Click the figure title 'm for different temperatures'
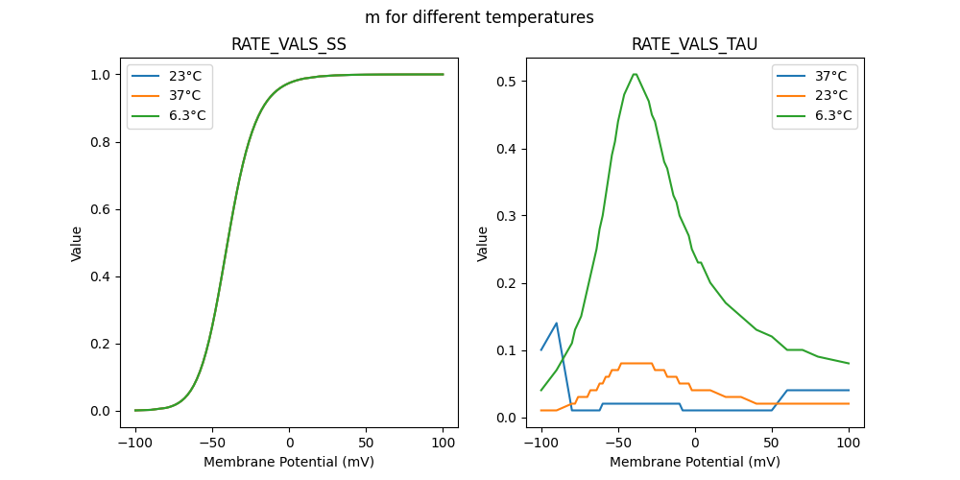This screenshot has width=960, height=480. click(x=479, y=17)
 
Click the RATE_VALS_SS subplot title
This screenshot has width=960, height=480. click(x=289, y=44)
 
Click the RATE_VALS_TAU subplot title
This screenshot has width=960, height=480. click(x=694, y=44)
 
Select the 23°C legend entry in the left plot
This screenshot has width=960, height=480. click(x=185, y=76)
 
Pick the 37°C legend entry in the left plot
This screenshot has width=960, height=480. click(x=185, y=96)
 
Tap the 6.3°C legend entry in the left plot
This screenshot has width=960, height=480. click(x=187, y=116)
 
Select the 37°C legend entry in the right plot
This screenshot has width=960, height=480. click(x=831, y=76)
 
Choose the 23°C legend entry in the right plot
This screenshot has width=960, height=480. click(x=831, y=96)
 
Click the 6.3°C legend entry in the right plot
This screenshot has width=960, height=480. click(x=833, y=116)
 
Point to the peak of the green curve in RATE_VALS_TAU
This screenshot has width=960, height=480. click(x=635, y=74)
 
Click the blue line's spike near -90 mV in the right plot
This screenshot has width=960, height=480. click(x=557, y=324)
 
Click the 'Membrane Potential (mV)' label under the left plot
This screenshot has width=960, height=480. click(x=289, y=462)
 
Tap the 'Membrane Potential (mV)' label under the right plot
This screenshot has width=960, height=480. click(x=695, y=462)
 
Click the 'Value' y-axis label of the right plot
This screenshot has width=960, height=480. click(x=483, y=244)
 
